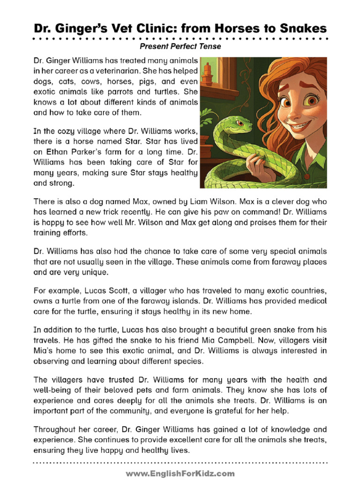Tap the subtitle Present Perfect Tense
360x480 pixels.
[180, 47]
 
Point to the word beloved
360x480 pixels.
[143, 390]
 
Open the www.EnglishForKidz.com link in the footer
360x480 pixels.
[180, 473]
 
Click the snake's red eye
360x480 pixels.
[239, 123]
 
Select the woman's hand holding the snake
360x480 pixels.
[257, 165]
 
